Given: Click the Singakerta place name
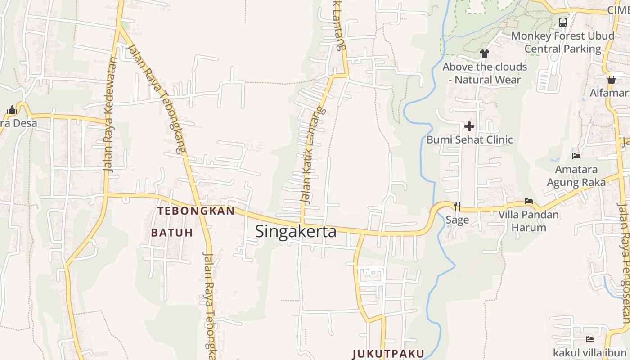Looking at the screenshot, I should click(296, 231).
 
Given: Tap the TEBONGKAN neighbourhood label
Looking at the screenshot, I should click(196, 211).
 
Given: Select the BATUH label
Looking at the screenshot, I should click(172, 233).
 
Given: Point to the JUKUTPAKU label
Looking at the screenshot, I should click(388, 353).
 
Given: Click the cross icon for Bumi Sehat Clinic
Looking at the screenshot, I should click(469, 126).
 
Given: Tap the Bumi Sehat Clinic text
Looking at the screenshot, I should click(469, 139).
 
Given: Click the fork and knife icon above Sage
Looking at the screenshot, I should click(457, 206).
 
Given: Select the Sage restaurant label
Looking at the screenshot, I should click(457, 220).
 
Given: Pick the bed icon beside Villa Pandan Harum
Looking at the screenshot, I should click(529, 201).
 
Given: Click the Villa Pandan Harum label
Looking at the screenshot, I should click(529, 220).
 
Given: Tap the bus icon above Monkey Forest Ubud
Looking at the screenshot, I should click(562, 22).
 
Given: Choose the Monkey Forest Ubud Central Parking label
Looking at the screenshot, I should click(562, 42).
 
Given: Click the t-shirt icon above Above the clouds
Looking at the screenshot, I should click(484, 54).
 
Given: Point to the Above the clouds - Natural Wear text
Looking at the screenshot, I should click(485, 73).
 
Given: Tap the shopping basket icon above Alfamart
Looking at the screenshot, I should click(611, 80).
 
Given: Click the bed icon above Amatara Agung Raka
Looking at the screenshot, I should click(576, 156).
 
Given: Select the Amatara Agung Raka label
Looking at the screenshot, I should click(576, 176).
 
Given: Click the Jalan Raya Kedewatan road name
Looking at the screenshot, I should click(110, 115).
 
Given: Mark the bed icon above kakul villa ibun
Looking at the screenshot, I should click(589, 339).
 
